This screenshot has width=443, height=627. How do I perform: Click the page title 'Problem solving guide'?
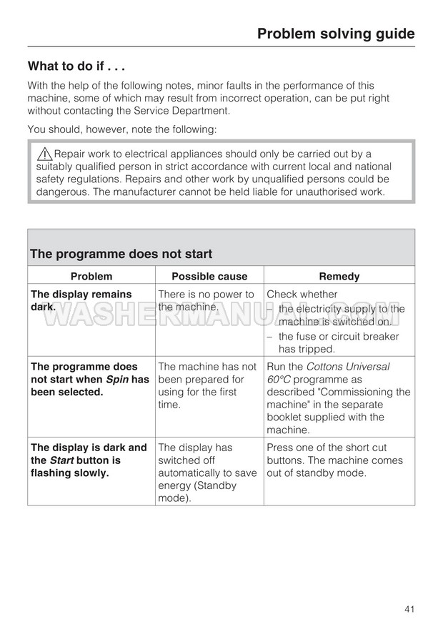pos(335,34)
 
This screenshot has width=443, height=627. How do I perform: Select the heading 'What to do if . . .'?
pos(76,67)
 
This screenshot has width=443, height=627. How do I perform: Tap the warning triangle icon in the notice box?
pos(44,154)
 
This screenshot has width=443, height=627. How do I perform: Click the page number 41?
pos(409,608)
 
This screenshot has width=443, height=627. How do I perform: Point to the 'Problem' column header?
pos(91,276)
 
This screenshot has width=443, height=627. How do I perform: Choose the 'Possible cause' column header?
pos(209,276)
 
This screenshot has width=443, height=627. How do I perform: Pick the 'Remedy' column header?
pos(339,276)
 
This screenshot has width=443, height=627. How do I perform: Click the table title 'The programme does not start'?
pos(121,254)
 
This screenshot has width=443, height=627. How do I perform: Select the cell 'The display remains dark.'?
pos(81,300)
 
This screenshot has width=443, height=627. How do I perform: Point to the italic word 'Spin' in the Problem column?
pos(117,379)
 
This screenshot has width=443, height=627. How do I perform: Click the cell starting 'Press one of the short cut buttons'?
pos(334,460)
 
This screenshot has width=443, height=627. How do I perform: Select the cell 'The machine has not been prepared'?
pos(207,385)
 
